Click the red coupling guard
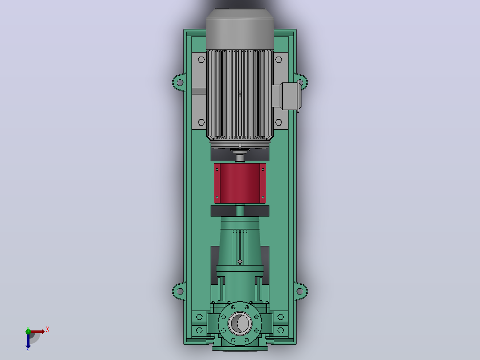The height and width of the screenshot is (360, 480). coord(240,183)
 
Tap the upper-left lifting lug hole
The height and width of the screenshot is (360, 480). coord(180,82)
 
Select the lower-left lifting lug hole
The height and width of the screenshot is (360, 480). coord(180,291)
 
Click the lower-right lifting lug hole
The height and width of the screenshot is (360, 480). coord(300,291)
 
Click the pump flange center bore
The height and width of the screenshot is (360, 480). coord(240,323)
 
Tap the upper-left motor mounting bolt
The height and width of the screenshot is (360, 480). coord(201,60)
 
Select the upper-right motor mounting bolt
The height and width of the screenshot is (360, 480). coord(279,60)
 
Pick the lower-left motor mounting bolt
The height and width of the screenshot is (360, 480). coord(201,122)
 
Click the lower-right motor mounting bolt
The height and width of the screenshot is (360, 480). coord(279,122)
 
